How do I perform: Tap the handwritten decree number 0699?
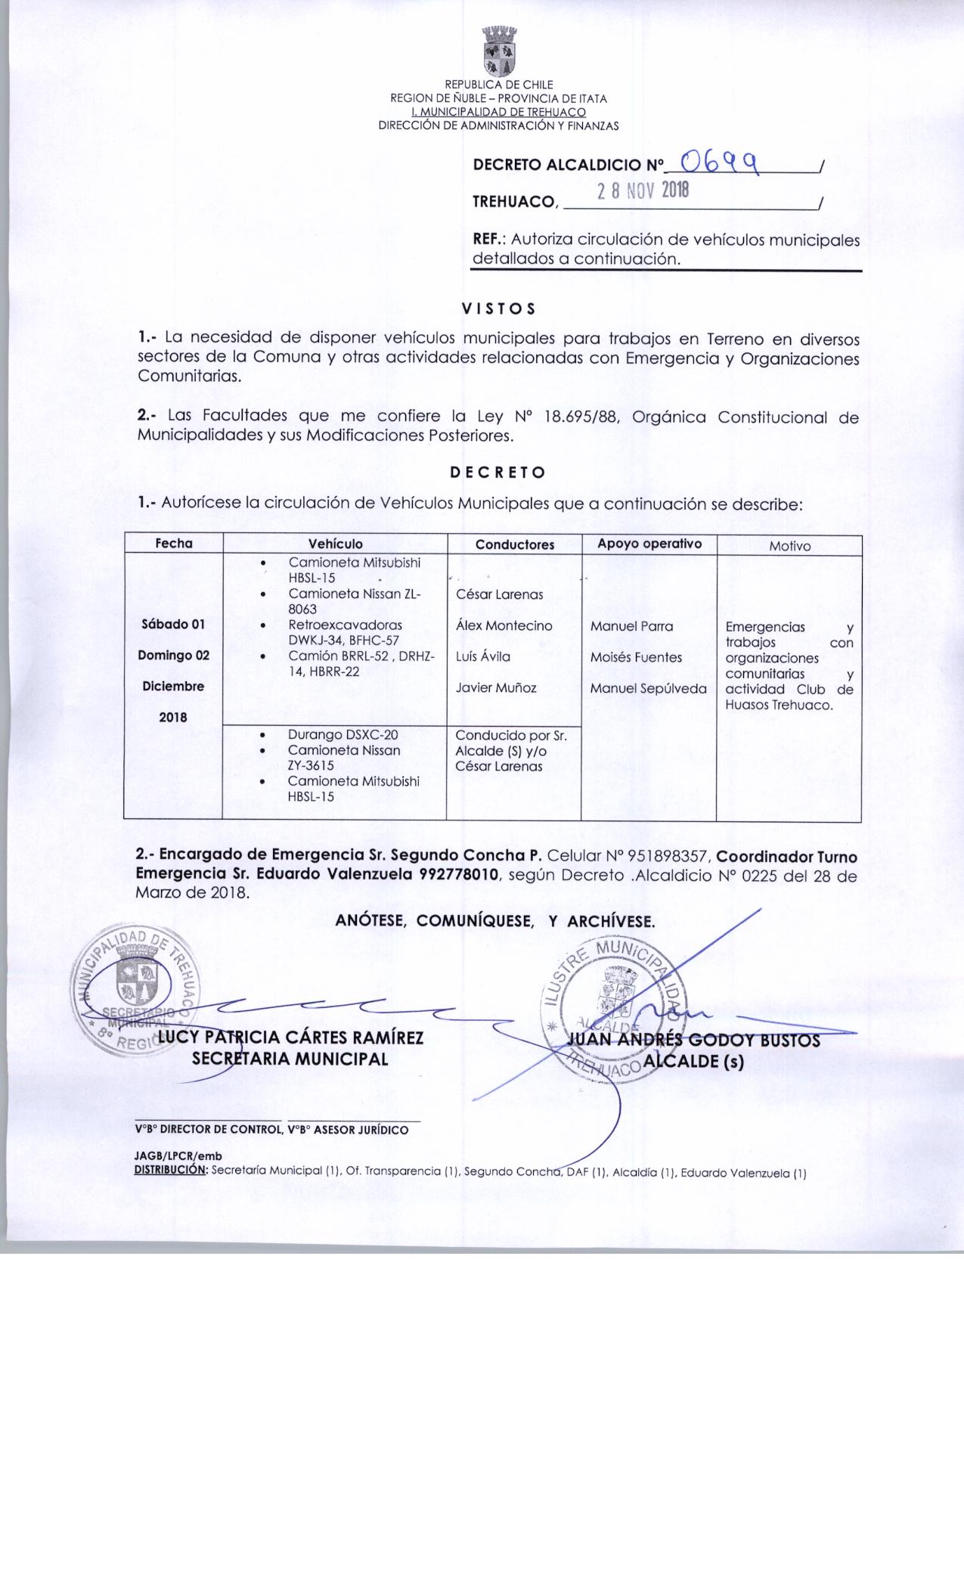(721, 160)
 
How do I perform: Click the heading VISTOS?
(498, 309)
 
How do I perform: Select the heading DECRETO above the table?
(497, 473)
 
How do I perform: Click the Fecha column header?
(174, 544)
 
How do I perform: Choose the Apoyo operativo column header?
(649, 544)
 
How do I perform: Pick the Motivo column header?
(789, 546)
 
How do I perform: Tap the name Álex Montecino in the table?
(504, 626)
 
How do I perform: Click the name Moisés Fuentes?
(636, 658)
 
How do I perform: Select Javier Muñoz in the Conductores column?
(496, 688)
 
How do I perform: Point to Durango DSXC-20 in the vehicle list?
(343, 735)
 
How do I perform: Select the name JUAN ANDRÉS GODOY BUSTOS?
(693, 1041)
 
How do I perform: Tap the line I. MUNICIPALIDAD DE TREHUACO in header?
(498, 112)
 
